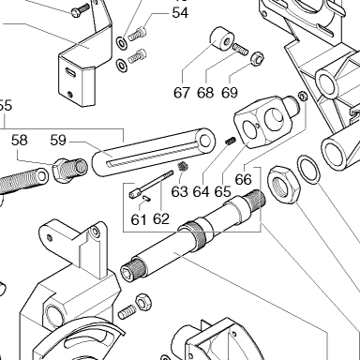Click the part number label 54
click(x=180, y=13)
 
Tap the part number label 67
click(x=182, y=93)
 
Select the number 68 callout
click(x=205, y=93)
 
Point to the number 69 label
click(x=230, y=93)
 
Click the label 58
click(x=20, y=141)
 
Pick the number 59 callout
click(x=58, y=141)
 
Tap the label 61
click(x=139, y=220)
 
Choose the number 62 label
click(x=161, y=219)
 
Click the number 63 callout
click(x=180, y=191)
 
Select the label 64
click(x=201, y=191)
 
